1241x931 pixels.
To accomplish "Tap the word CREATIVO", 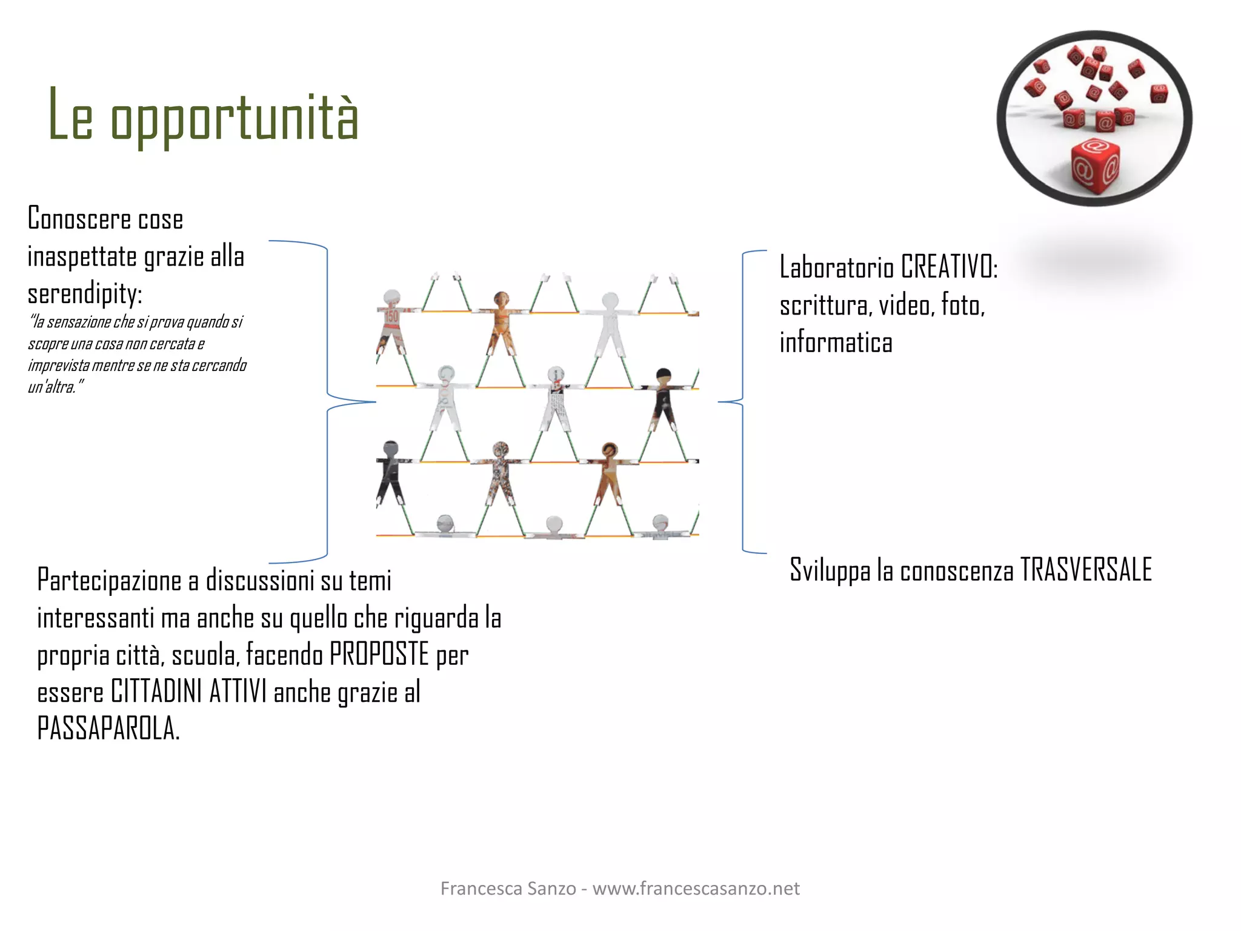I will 948,267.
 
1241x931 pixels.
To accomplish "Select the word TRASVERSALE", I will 1086,570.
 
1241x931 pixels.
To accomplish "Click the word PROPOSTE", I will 379,655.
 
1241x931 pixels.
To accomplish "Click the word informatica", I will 836,342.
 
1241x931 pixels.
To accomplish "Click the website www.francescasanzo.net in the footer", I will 696,889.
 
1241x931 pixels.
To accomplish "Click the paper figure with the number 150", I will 391,321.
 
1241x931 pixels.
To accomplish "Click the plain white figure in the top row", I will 610,327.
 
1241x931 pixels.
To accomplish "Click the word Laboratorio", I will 836,267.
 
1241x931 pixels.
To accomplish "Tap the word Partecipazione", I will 109,581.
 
